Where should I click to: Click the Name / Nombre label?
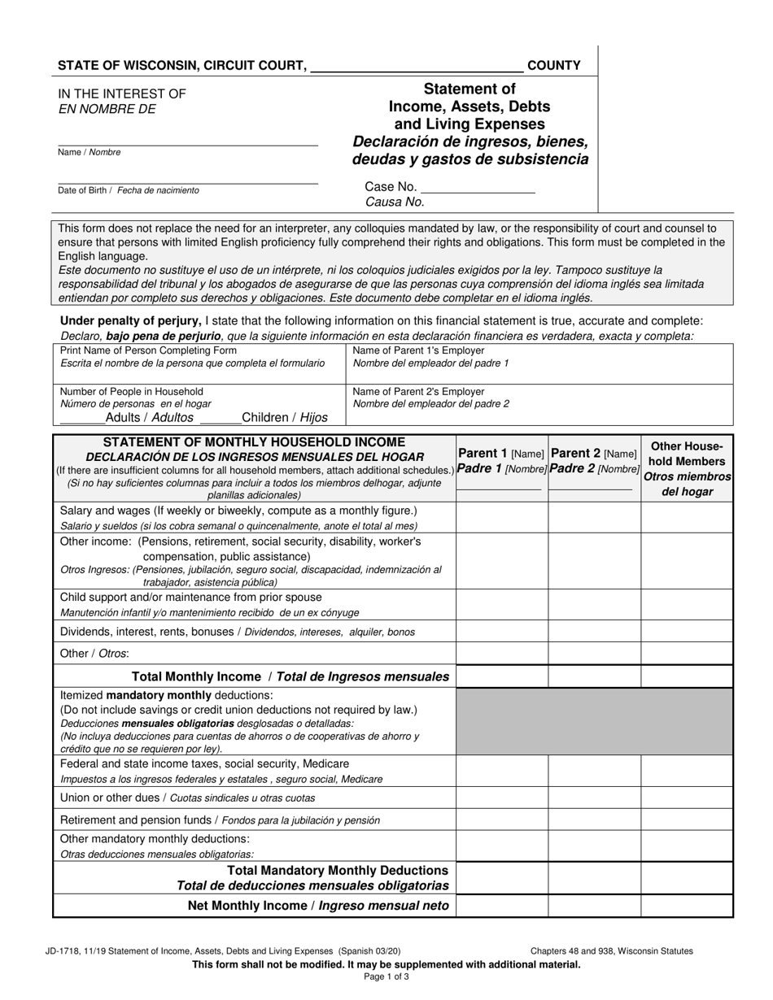pyautogui.click(x=89, y=153)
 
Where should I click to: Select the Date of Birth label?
pyautogui.click(x=128, y=190)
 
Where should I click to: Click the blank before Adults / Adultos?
pyautogui.click(x=82, y=418)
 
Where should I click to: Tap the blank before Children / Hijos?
pyautogui.click(x=220, y=418)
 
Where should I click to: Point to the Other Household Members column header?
pyautogui.click(x=688, y=468)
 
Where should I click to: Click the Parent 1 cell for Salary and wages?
pyautogui.click(x=501, y=517)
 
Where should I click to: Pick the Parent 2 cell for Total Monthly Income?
pyautogui.click(x=594, y=676)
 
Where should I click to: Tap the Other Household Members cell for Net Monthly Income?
pyautogui.click(x=688, y=906)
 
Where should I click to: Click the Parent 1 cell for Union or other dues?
pyautogui.click(x=501, y=798)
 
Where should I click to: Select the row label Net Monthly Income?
pyautogui.click(x=318, y=906)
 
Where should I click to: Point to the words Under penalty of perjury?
pyautogui.click(x=131, y=321)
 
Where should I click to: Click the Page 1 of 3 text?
pyautogui.click(x=386, y=976)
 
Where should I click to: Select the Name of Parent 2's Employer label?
pyautogui.click(x=418, y=392)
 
